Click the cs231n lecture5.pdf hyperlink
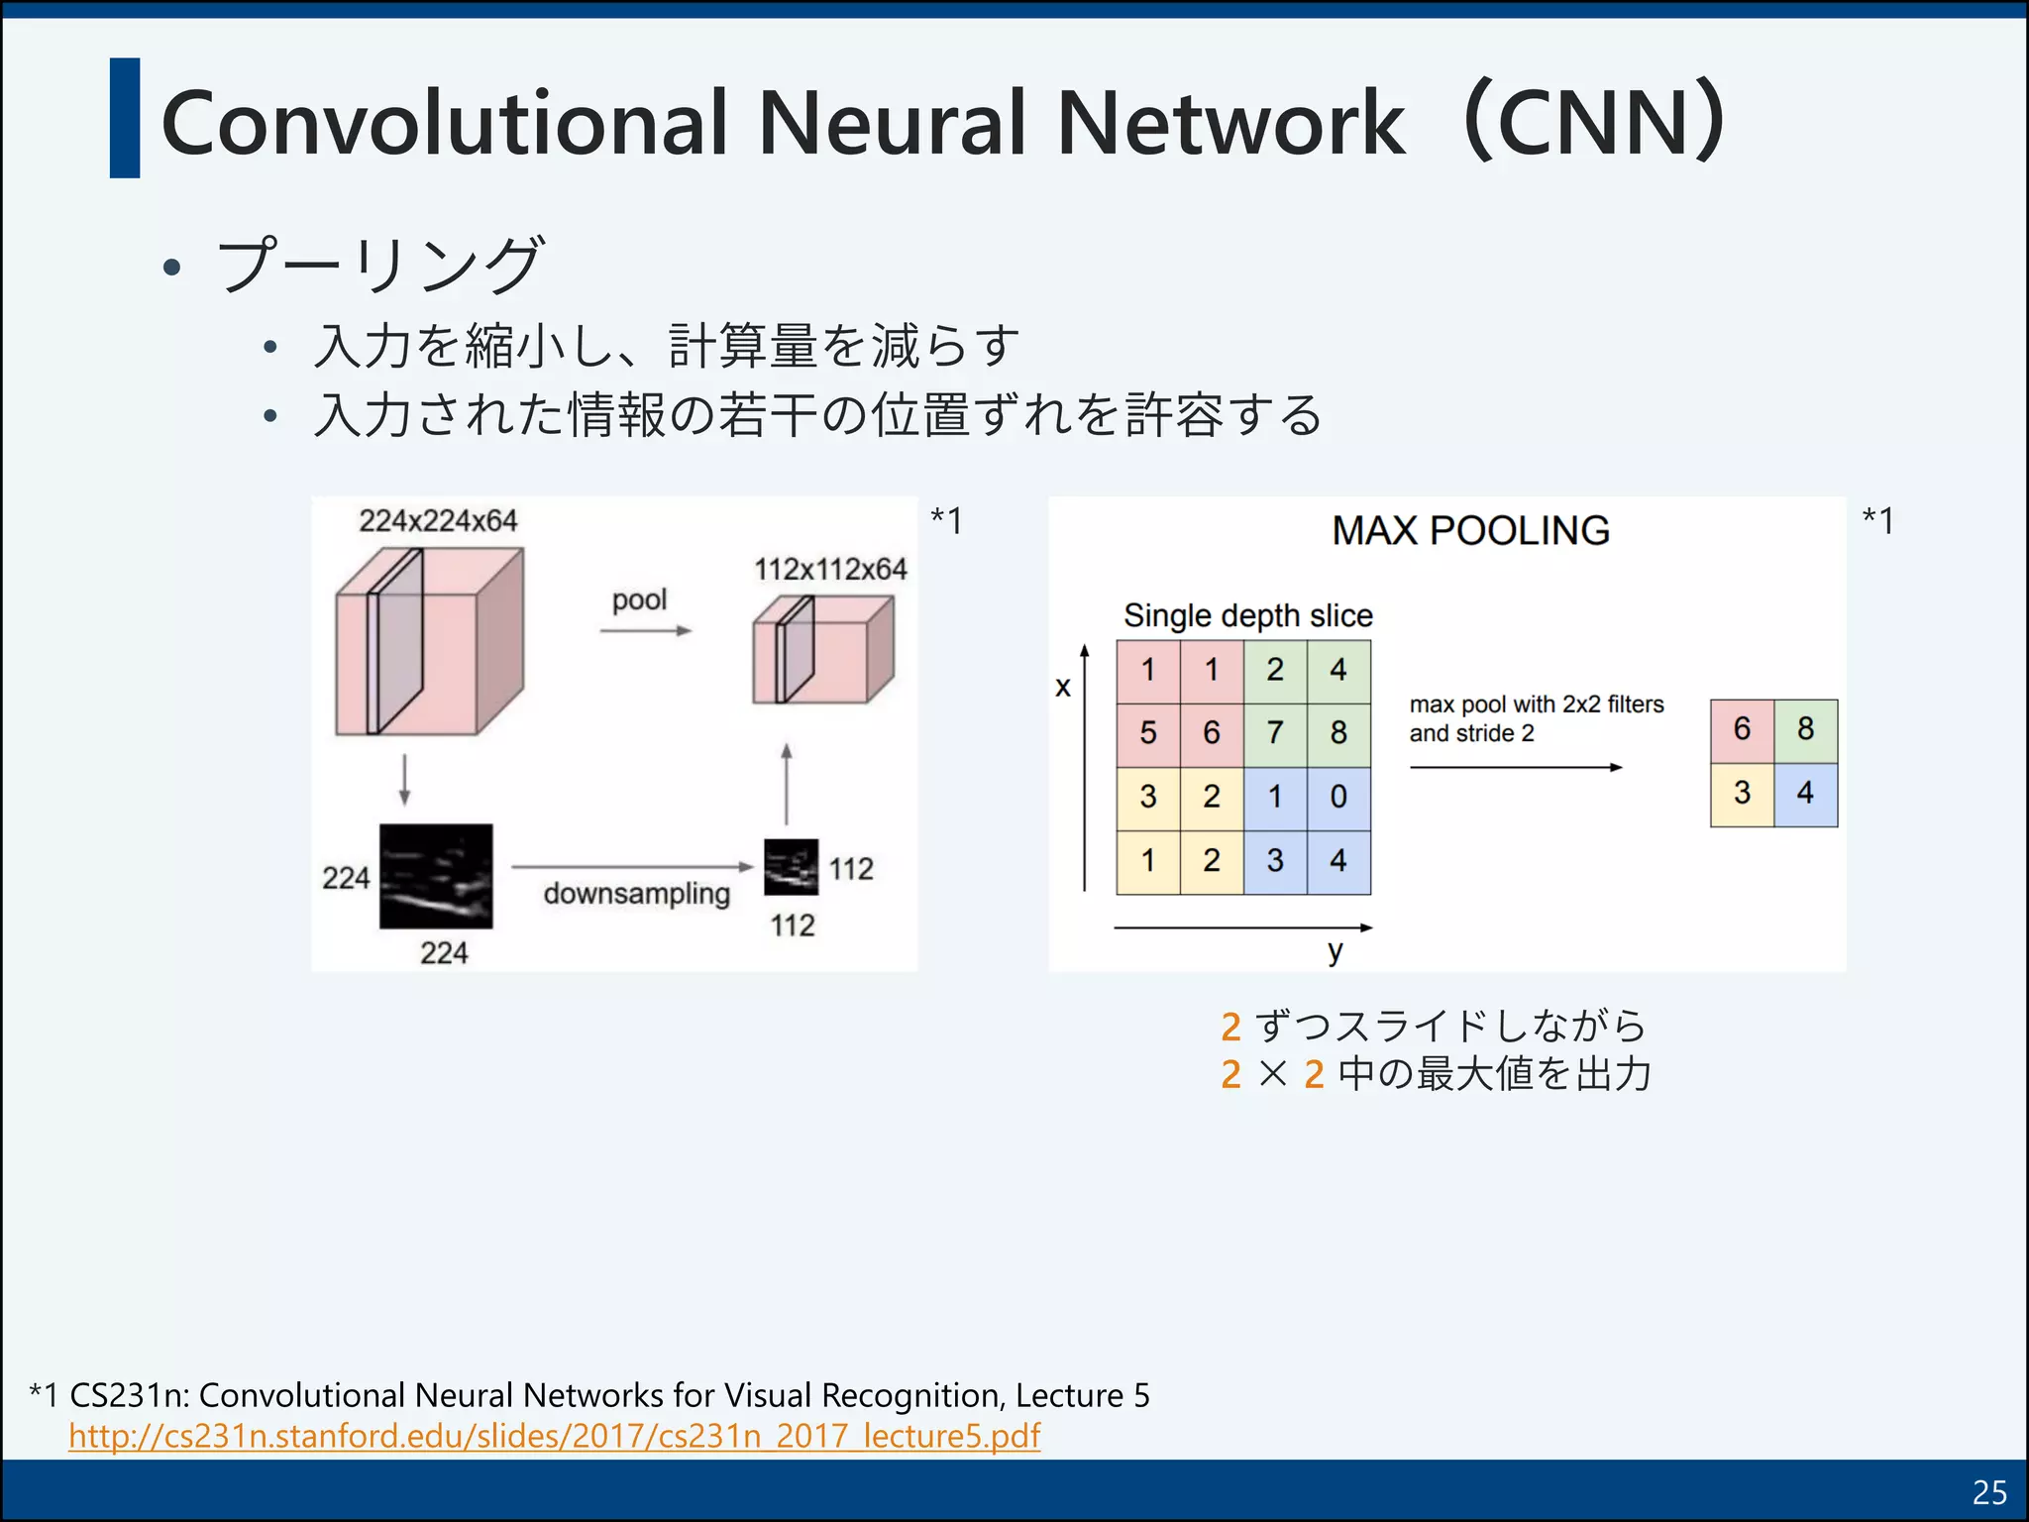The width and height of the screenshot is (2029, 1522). pos(555,1436)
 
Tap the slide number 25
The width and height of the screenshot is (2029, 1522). pos(1989,1492)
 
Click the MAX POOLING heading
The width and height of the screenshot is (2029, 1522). pos(1470,531)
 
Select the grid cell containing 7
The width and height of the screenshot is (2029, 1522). pos(1275,733)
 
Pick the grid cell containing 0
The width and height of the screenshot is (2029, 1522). pos(1338,797)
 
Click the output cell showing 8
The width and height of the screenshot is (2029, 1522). pos(1805,729)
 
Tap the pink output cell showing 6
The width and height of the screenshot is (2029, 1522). pos(1742,729)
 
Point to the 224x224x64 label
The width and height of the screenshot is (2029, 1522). pos(438,521)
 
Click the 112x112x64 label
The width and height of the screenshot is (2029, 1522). pos(830,570)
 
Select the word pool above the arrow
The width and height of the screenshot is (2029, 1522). pos(639,600)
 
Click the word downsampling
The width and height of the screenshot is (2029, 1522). pos(636,894)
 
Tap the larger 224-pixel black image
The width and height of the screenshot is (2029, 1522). pos(436,876)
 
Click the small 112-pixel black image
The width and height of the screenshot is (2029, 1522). pos(791,867)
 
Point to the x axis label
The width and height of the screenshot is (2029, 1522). pos(1063,687)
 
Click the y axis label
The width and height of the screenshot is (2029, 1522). pos(1335,951)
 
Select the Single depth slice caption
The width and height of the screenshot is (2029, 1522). pos(1247,616)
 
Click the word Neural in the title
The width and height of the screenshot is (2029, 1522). pos(892,123)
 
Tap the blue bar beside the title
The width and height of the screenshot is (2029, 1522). pos(125,119)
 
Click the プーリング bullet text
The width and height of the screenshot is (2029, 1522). pos(380,266)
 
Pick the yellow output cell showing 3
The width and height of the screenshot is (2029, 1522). pos(1742,793)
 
